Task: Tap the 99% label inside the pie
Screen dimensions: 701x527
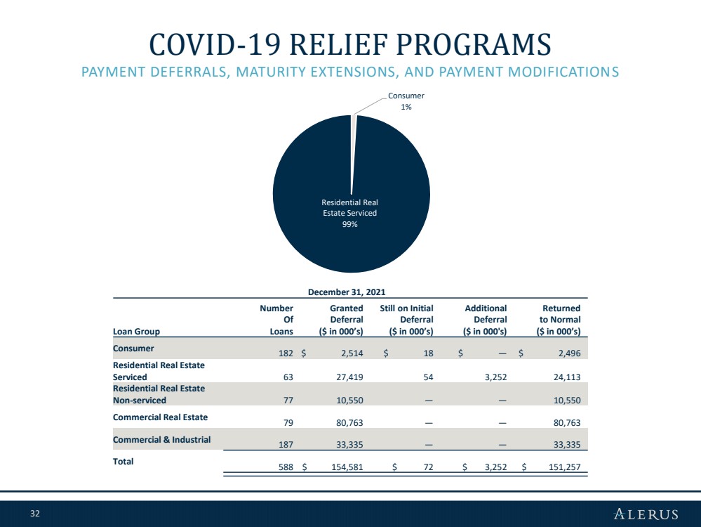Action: (x=349, y=224)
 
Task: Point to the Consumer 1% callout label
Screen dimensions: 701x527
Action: (x=406, y=101)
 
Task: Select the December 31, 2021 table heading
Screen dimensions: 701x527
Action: (x=347, y=292)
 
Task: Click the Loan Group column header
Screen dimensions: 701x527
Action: (x=136, y=332)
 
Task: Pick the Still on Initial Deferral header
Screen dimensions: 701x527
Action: (x=406, y=320)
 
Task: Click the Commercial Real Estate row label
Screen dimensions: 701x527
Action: (x=160, y=417)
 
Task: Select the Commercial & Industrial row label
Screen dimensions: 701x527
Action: (x=161, y=440)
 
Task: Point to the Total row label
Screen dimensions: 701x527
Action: (x=123, y=462)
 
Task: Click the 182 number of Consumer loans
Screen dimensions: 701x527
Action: (x=286, y=353)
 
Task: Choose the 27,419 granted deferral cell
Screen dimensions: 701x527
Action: (x=349, y=377)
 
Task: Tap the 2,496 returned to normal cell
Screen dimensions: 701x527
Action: (x=569, y=353)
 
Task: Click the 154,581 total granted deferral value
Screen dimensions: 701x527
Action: (x=347, y=467)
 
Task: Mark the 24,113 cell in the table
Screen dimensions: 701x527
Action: (x=567, y=377)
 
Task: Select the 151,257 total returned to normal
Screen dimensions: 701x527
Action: (x=565, y=467)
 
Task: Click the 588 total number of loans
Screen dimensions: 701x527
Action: (x=286, y=467)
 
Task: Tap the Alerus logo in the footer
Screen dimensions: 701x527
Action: (x=646, y=514)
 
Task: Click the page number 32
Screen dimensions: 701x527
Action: (x=35, y=514)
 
